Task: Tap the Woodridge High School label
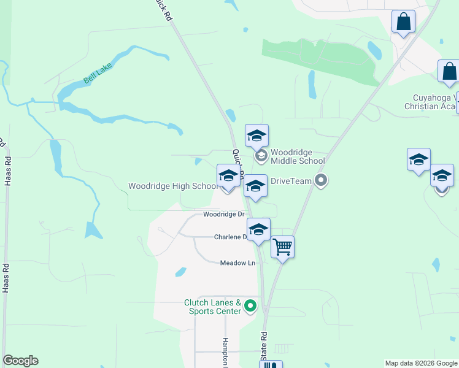(x=172, y=186)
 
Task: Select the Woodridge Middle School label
(x=297, y=156)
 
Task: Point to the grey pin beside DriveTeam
(x=320, y=180)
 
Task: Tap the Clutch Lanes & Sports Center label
(x=212, y=307)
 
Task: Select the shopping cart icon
(x=282, y=247)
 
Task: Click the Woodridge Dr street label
(x=223, y=215)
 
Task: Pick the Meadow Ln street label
(x=237, y=263)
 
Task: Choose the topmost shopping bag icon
(x=403, y=21)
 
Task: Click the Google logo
(x=20, y=361)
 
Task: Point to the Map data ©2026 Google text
(x=421, y=363)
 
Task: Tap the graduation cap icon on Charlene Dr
(x=259, y=229)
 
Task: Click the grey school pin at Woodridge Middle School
(x=261, y=156)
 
